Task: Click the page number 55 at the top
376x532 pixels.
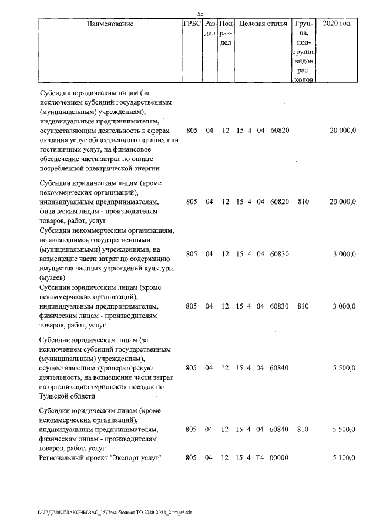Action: click(200, 14)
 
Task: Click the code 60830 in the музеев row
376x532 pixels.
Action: click(279, 254)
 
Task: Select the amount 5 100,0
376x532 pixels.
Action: click(344, 458)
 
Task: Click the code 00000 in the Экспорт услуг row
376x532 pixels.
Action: click(279, 458)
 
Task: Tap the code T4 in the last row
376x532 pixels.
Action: click(261, 458)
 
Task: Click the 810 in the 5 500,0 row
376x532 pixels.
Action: click(303, 430)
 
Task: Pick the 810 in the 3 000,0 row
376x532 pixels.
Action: click(303, 306)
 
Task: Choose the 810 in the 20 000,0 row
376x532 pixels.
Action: click(303, 202)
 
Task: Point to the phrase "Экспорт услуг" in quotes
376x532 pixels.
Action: click(135, 458)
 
